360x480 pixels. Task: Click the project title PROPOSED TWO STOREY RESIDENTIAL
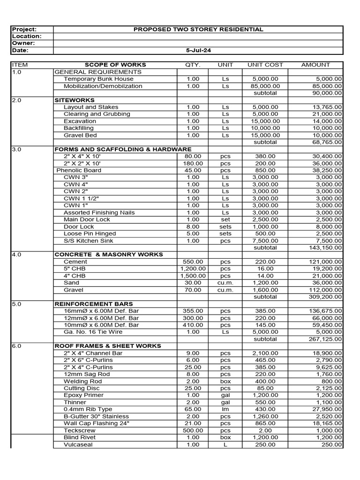tap(198, 29)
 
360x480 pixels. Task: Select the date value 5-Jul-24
tap(198, 50)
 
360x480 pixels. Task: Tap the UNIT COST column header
tap(265, 65)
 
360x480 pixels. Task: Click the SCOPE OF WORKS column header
tap(115, 65)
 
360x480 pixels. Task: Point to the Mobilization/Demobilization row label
tap(103, 86)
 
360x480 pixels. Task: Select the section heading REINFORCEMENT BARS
tap(94, 304)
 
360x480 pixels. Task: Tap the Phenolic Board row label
tap(79, 170)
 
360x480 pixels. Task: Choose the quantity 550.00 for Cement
tap(193, 262)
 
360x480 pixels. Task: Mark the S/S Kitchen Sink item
tap(88, 241)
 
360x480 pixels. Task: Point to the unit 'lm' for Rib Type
tap(225, 409)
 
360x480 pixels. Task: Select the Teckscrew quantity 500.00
tap(193, 430)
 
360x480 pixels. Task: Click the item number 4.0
tap(17, 255)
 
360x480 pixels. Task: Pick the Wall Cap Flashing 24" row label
tap(97, 423)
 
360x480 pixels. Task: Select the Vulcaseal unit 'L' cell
tap(225, 444)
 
